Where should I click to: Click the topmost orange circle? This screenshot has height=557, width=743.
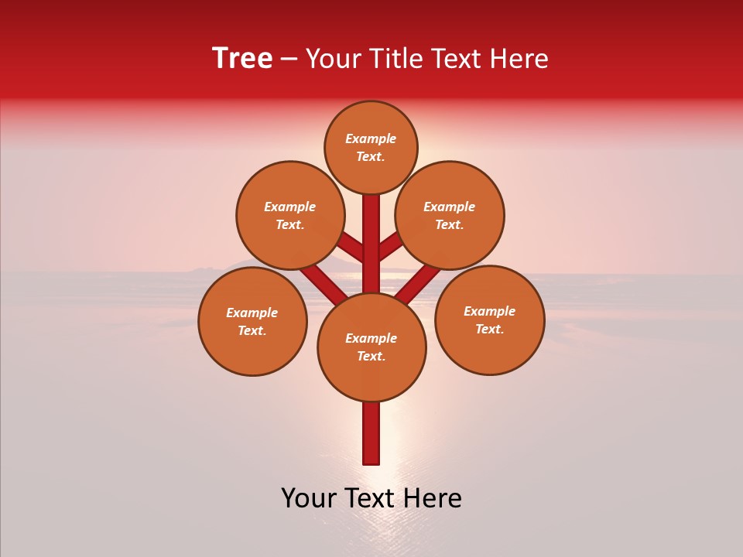point(371,147)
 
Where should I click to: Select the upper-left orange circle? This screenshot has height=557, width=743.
point(290,215)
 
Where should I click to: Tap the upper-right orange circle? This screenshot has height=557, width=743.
point(450,215)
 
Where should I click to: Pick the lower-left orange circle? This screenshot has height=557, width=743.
point(252,321)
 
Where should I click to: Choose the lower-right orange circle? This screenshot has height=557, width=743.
point(489,320)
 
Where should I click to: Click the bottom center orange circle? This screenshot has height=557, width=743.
point(371,347)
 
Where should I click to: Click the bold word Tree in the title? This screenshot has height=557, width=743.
point(242,59)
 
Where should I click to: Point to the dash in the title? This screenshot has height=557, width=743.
point(289,59)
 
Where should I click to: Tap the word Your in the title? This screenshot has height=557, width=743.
point(333,59)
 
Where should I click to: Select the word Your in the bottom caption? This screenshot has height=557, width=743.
point(309,498)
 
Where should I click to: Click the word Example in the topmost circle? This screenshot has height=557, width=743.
point(371,139)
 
